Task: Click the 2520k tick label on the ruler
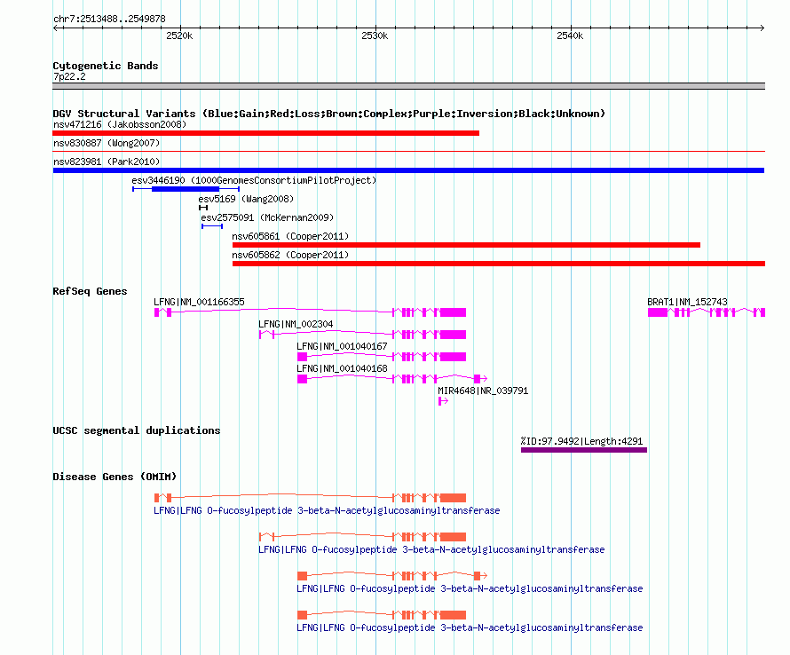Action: pos(179,36)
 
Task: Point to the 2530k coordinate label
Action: pos(375,36)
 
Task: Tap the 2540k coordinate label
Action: pos(570,36)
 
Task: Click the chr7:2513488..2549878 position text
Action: pos(109,19)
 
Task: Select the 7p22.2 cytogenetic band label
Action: pos(69,76)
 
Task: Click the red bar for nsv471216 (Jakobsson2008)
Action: pos(266,133)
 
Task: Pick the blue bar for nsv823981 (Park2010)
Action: pos(408,170)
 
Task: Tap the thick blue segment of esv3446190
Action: pos(186,189)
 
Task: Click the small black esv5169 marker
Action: pos(203,208)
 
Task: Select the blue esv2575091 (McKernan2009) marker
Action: pos(212,226)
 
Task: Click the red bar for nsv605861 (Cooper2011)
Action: pos(466,245)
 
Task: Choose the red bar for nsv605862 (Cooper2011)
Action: pos(499,264)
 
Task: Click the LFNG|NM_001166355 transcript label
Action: pos(199,302)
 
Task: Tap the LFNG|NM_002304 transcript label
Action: pos(296,324)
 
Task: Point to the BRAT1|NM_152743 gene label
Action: pos(687,302)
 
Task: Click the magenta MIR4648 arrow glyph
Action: pos(443,401)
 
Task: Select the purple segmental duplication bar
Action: pos(584,450)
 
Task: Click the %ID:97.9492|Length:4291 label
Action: pos(581,441)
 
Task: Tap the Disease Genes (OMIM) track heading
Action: pos(115,477)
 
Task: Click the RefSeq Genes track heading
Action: pos(90,291)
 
